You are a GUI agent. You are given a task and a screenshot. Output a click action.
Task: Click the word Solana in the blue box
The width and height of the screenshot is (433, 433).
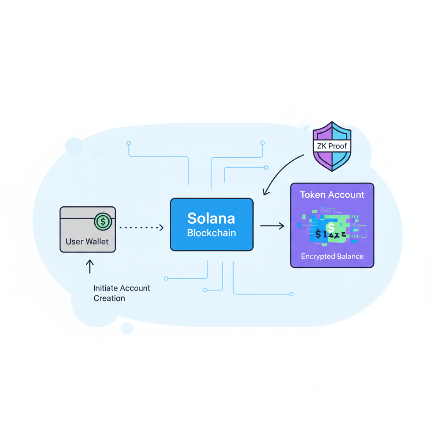(x=211, y=218)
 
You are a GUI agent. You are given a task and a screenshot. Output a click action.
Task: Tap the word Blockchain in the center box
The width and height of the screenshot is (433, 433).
(x=211, y=233)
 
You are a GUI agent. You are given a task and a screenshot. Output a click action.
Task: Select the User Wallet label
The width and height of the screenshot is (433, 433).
(x=87, y=242)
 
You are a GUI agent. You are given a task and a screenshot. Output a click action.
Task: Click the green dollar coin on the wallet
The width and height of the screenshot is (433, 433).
(x=103, y=222)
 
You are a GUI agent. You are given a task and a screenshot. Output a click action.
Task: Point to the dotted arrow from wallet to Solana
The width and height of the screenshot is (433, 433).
(x=141, y=228)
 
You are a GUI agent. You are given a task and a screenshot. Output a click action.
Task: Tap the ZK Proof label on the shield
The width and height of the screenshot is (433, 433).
(x=332, y=146)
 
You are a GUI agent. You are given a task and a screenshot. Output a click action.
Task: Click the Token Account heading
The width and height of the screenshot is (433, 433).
(x=332, y=195)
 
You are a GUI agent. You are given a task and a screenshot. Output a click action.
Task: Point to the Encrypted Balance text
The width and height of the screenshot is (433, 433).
(x=332, y=257)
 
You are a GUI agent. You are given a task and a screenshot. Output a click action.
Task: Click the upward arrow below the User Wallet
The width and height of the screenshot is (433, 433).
(x=90, y=266)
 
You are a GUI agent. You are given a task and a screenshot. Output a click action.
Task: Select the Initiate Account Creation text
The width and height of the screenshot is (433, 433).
(x=121, y=293)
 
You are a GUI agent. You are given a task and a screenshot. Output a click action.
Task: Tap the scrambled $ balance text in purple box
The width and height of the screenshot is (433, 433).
(x=331, y=234)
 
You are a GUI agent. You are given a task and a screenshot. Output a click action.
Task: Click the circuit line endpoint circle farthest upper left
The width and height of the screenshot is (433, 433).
(x=129, y=143)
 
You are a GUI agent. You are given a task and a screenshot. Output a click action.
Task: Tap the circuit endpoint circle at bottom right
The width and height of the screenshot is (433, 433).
(x=291, y=294)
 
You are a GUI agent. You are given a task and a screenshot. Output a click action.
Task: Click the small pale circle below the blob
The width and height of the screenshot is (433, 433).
(x=126, y=328)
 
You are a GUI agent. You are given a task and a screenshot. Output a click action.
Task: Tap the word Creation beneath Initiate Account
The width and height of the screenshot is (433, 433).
(x=109, y=299)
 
